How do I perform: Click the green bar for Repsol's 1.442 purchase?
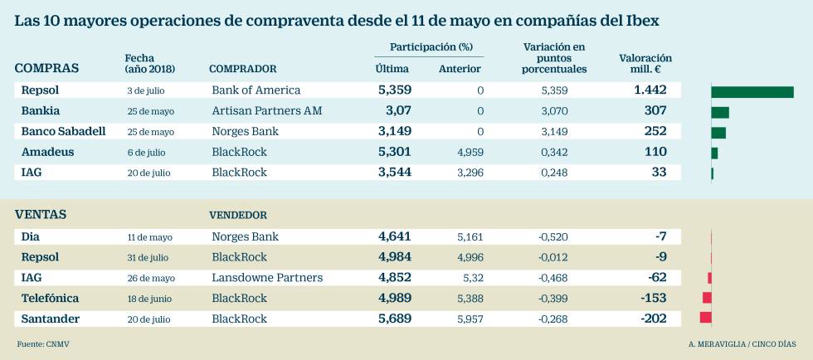(x=752, y=91)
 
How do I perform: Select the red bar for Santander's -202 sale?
(x=706, y=318)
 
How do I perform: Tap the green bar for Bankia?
(x=720, y=112)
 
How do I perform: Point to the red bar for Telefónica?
(x=707, y=298)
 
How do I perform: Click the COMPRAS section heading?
(x=47, y=68)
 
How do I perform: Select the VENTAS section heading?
(x=41, y=215)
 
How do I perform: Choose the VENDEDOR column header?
(x=238, y=215)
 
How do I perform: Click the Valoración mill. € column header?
(x=645, y=64)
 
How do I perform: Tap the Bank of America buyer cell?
(x=256, y=90)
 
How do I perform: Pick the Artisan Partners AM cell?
(x=266, y=110)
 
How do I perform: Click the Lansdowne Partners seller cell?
(x=267, y=278)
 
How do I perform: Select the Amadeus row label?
(x=47, y=152)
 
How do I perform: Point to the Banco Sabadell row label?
(x=62, y=131)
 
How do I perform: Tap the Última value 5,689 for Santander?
(x=394, y=319)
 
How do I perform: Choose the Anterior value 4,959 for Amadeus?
(x=470, y=153)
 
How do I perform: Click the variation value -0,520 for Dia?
(x=553, y=237)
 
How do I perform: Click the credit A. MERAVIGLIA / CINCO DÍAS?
(x=742, y=343)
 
